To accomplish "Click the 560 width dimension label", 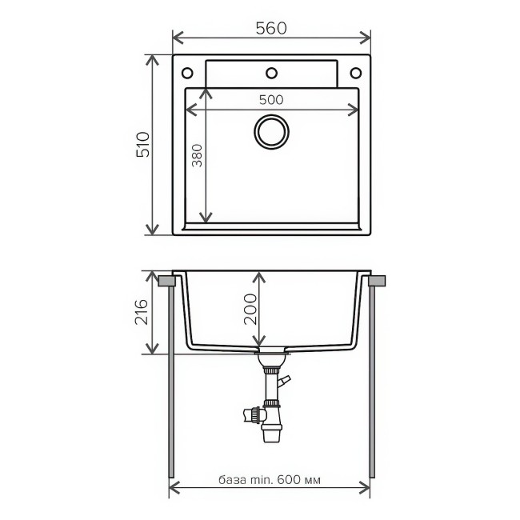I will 272,27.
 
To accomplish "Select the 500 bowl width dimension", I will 272,100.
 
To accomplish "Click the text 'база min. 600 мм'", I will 272,481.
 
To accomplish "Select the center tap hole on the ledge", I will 272,73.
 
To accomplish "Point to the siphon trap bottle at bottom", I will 271,430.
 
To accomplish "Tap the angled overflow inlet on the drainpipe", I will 284,382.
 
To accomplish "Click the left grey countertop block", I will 167,281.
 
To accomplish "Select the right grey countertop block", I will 377,281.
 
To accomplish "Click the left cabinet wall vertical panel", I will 171,384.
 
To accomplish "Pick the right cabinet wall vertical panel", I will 373,384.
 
